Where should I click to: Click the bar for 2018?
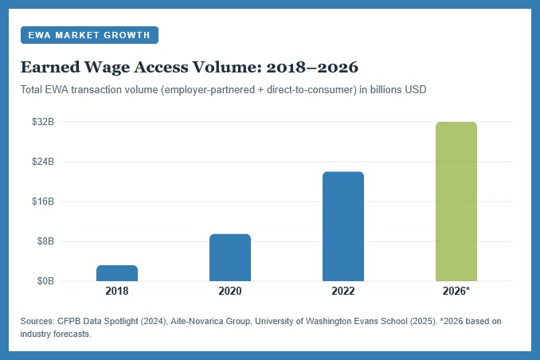[116, 272]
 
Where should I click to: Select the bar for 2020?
[229, 257]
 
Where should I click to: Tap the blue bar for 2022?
[342, 226]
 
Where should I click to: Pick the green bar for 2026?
[456, 202]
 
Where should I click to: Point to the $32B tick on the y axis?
[42, 122]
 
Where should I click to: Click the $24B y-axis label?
[42, 162]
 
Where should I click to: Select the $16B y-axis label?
[42, 202]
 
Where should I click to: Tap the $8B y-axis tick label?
[45, 241]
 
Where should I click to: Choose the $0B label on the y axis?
[45, 281]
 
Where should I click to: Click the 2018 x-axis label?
[116, 292]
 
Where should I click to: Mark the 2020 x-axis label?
[229, 292]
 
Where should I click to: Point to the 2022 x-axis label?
[342, 292]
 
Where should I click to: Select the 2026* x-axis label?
[456, 292]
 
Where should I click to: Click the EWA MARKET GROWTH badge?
[89, 35]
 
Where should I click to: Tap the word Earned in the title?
[50, 66]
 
